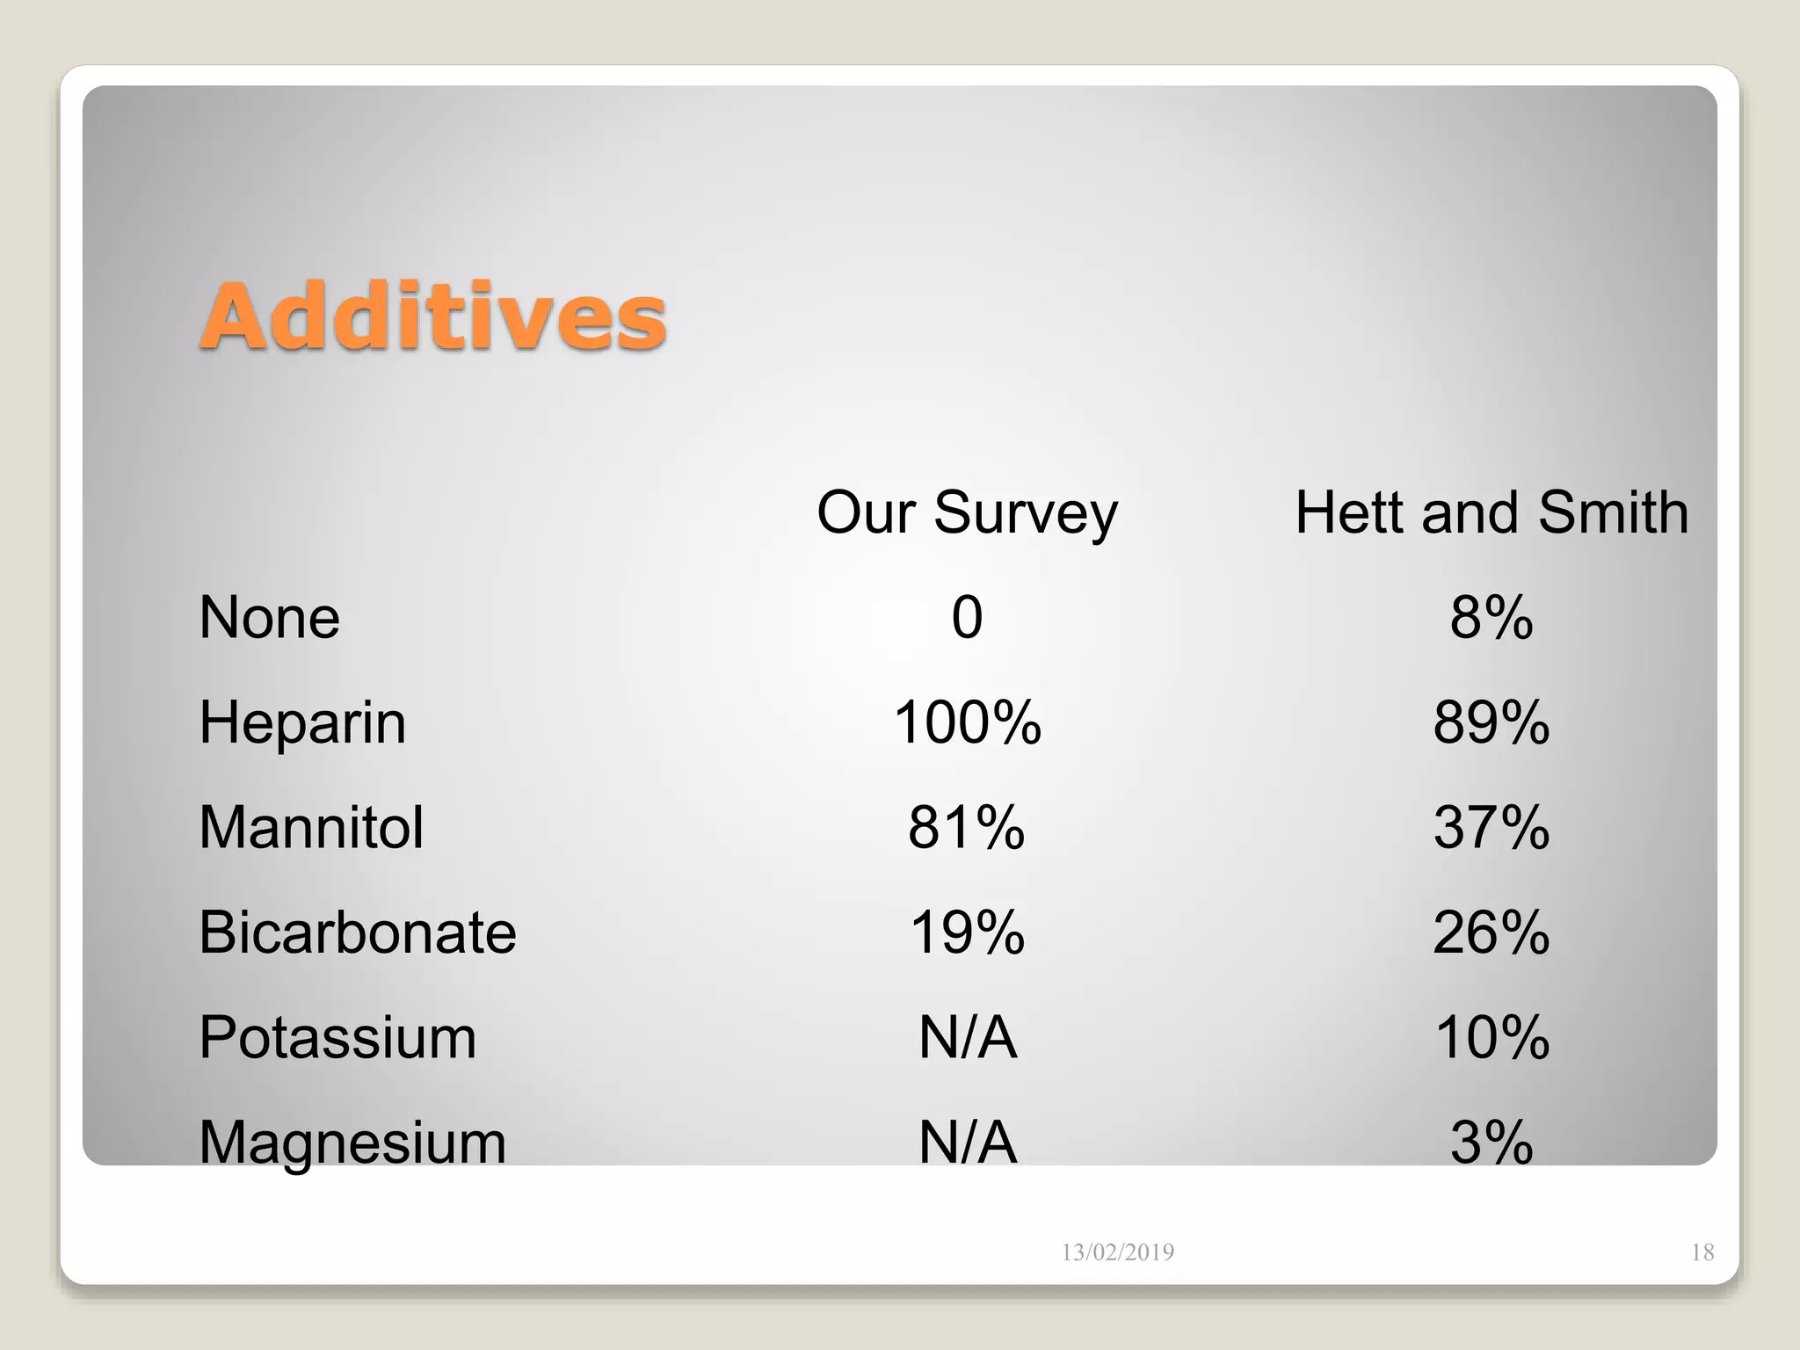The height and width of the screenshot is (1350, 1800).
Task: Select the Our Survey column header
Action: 967,512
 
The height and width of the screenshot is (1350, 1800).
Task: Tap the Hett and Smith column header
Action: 1492,512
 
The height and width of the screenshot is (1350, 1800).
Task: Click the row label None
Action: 269,617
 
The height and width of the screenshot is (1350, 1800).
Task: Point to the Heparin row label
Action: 302,723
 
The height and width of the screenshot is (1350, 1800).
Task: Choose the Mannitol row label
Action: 311,828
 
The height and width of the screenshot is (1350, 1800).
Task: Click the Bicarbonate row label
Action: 358,933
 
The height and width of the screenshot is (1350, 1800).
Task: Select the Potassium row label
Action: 337,1038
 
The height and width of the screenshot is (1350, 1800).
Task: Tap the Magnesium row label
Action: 352,1143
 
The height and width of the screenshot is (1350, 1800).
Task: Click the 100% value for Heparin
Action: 967,723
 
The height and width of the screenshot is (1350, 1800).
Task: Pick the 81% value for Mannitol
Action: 967,828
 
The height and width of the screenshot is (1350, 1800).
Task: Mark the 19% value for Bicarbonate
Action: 967,933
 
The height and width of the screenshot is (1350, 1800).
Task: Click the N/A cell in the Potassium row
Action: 967,1038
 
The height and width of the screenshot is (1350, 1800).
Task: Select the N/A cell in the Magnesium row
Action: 967,1143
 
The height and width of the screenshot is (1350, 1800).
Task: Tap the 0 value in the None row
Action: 967,617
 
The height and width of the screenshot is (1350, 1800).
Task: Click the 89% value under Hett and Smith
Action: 1492,723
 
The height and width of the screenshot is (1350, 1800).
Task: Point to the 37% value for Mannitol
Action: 1492,828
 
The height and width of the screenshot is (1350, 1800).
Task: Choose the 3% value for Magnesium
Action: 1492,1143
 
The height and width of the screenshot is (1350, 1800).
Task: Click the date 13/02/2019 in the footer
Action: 1117,1252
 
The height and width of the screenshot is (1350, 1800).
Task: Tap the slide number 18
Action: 1702,1252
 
